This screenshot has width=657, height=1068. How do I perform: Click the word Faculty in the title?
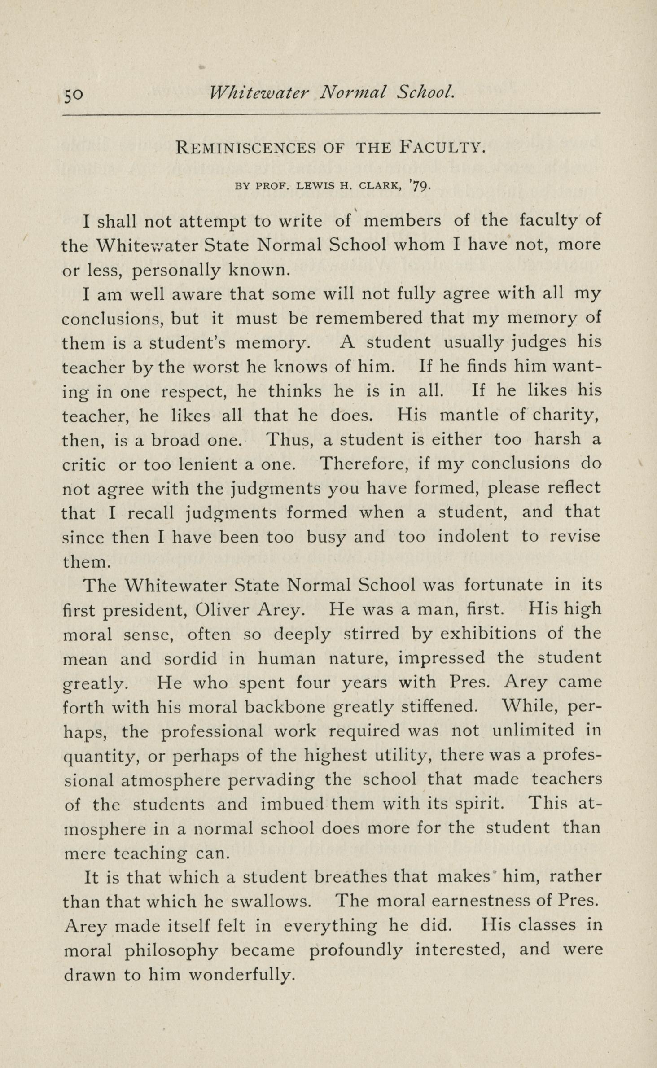click(x=442, y=147)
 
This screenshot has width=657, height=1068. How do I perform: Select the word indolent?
click(x=473, y=537)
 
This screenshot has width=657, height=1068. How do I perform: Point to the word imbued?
click(x=292, y=804)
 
